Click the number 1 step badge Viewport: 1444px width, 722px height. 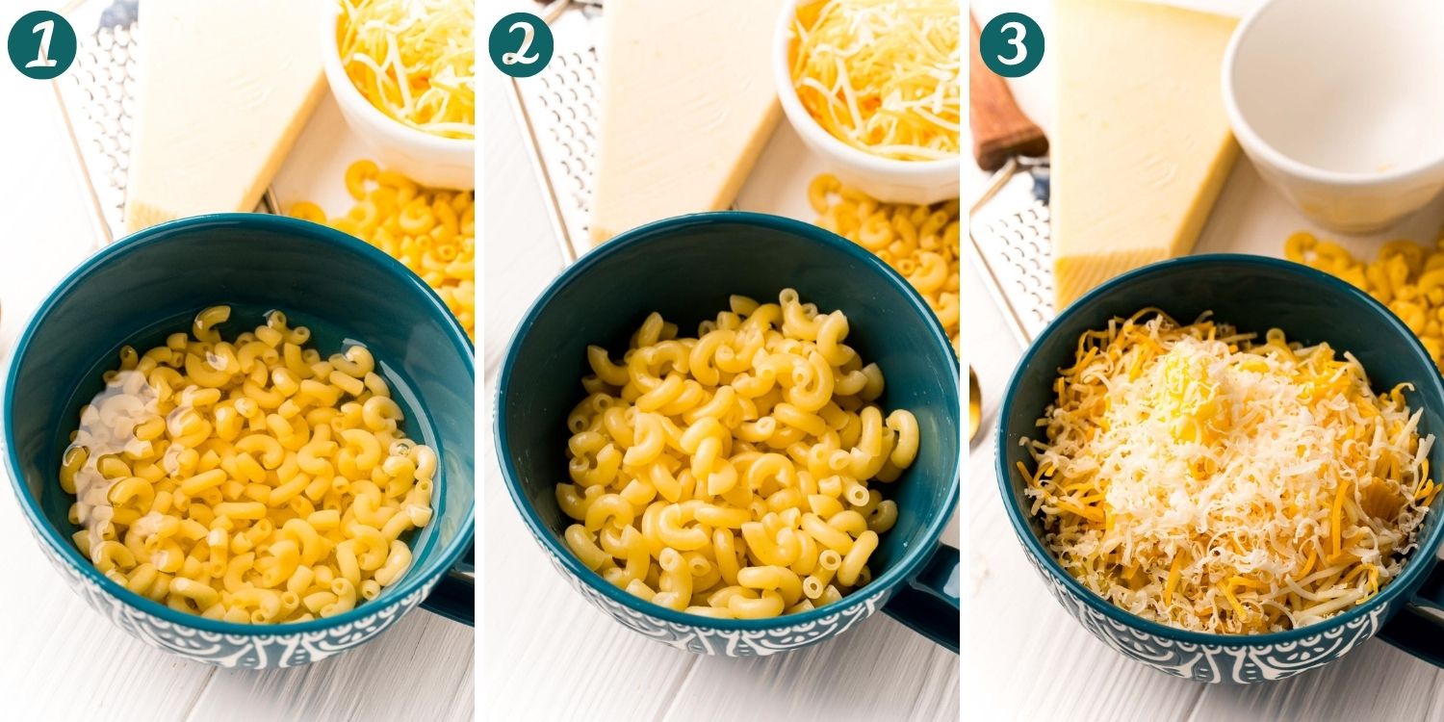point(41,44)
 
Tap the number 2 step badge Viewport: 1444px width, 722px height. point(521,44)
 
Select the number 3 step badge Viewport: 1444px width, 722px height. point(1012,44)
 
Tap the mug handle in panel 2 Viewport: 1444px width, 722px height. point(924,597)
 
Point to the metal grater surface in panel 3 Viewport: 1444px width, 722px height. point(1011,250)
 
